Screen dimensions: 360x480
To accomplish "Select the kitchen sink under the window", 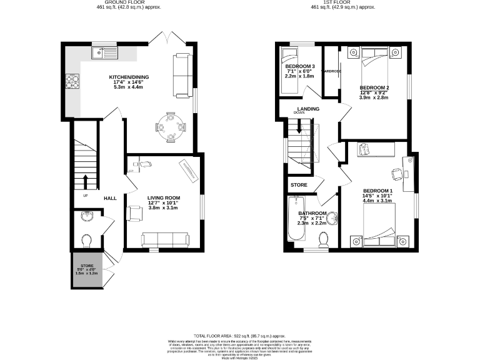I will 100,53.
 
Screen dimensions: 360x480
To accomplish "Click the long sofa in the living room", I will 166,238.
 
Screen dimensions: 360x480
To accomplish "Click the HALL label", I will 110,198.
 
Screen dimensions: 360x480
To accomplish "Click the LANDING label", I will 308,109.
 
